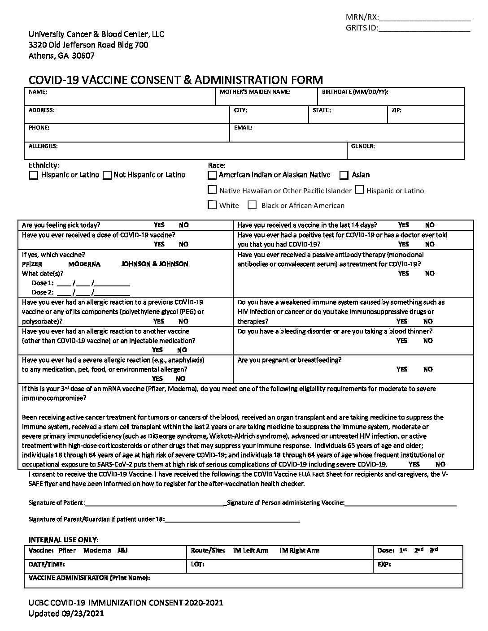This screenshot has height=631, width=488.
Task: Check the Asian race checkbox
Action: [x=344, y=175]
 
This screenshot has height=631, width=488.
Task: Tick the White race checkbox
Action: [x=212, y=205]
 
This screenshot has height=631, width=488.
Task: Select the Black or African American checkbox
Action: [x=252, y=205]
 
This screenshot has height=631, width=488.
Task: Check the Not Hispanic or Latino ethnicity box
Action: [x=107, y=175]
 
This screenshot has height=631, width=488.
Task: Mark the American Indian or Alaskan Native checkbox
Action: [x=212, y=175]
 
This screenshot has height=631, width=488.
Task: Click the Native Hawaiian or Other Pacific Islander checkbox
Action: [x=212, y=190]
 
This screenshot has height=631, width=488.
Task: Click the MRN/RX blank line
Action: [x=425, y=18]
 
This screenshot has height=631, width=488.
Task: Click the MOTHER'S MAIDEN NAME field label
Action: [x=255, y=92]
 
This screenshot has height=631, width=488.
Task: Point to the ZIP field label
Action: [x=396, y=110]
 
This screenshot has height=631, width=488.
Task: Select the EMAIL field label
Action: [x=243, y=128]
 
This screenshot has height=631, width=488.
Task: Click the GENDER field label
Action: [x=363, y=146]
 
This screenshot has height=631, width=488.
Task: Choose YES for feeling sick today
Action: [x=159, y=225]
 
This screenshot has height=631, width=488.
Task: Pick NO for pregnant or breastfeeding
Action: [x=428, y=369]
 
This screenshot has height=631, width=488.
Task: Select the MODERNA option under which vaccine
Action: [x=84, y=264]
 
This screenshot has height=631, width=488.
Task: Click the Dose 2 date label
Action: [x=43, y=292]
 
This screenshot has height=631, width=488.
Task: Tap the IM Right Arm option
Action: [x=299, y=550]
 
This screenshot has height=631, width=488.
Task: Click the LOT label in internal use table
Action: [x=197, y=565]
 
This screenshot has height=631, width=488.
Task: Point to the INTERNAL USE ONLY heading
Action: [x=64, y=540]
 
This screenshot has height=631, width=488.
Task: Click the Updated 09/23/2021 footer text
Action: [x=66, y=614]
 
